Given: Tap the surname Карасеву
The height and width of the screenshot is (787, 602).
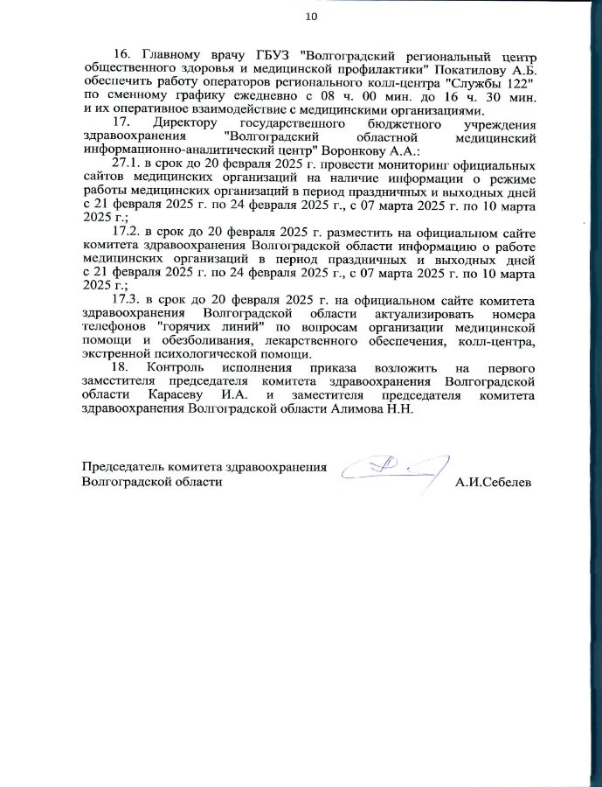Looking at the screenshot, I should tap(165, 396).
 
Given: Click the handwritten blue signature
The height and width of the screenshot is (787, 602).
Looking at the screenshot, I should tap(393, 470).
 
